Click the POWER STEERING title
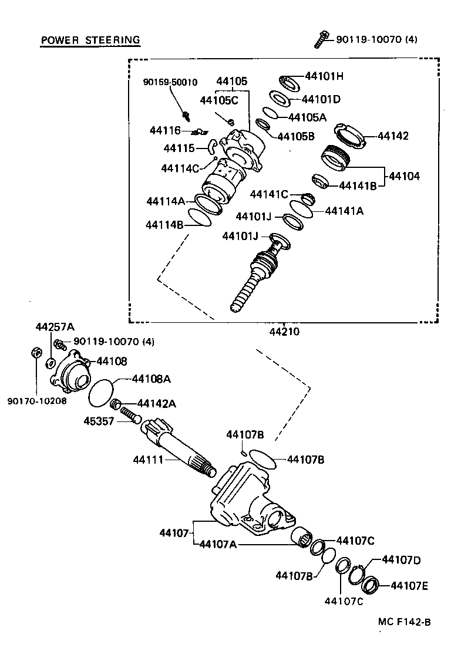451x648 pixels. (x=90, y=40)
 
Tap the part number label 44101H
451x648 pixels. (x=324, y=76)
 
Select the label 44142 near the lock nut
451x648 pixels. (x=393, y=136)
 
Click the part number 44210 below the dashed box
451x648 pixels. (x=284, y=331)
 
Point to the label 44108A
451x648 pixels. (x=151, y=379)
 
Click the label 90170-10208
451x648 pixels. (x=37, y=401)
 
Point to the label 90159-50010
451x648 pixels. (x=170, y=82)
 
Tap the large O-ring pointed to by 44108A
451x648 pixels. (x=101, y=392)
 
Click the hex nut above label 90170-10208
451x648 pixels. (x=35, y=354)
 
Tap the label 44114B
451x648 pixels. (x=166, y=224)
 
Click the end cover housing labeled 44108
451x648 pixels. (x=72, y=370)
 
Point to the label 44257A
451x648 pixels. (x=50, y=326)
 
